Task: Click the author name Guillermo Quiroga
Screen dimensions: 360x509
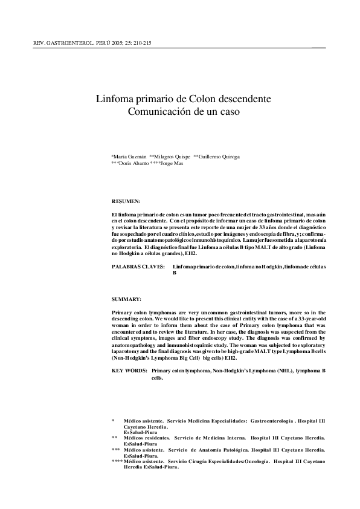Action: [x=219, y=157]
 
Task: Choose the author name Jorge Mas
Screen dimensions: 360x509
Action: [x=172, y=163]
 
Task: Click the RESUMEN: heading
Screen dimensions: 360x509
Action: [x=126, y=200]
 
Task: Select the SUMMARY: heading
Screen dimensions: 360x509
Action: [x=127, y=299]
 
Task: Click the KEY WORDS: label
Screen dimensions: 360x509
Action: [x=129, y=369]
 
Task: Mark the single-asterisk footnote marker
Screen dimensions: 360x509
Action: [x=113, y=420]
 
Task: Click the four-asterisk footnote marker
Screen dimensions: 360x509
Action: [x=117, y=461]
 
